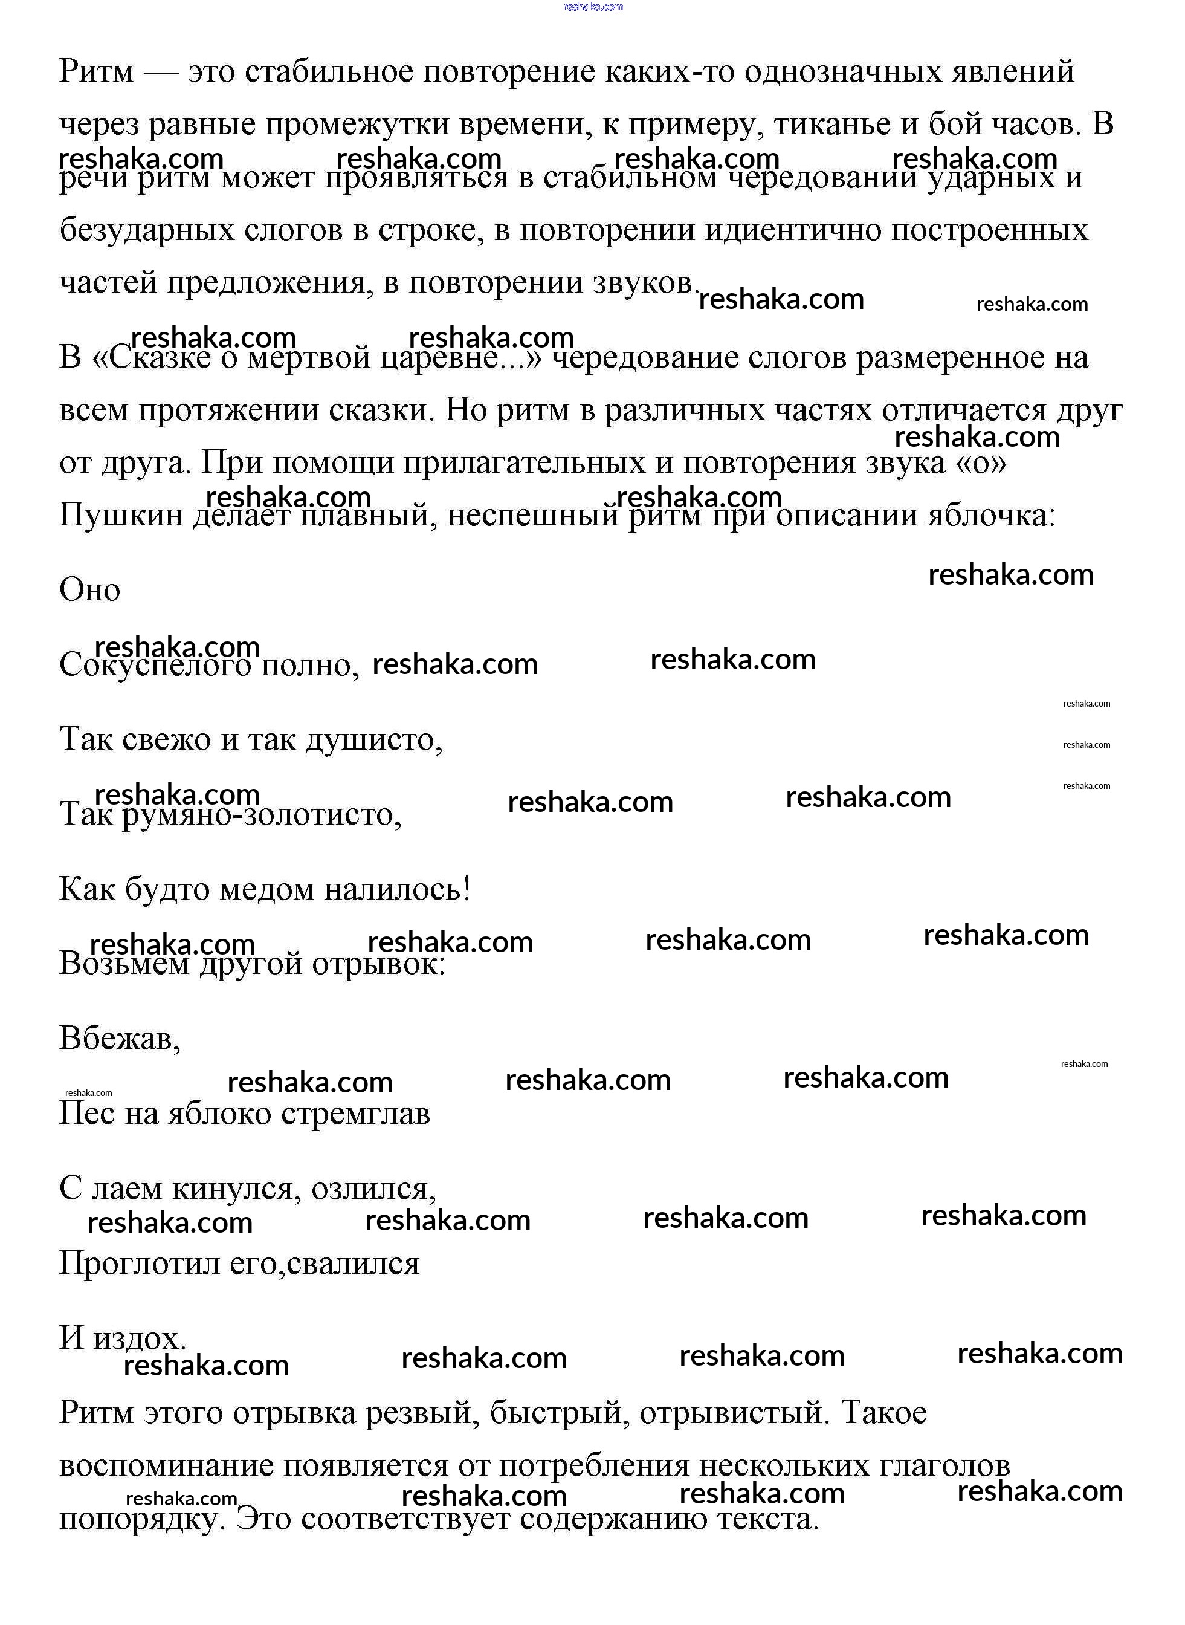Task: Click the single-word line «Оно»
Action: tap(89, 590)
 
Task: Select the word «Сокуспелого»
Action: tap(154, 665)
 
